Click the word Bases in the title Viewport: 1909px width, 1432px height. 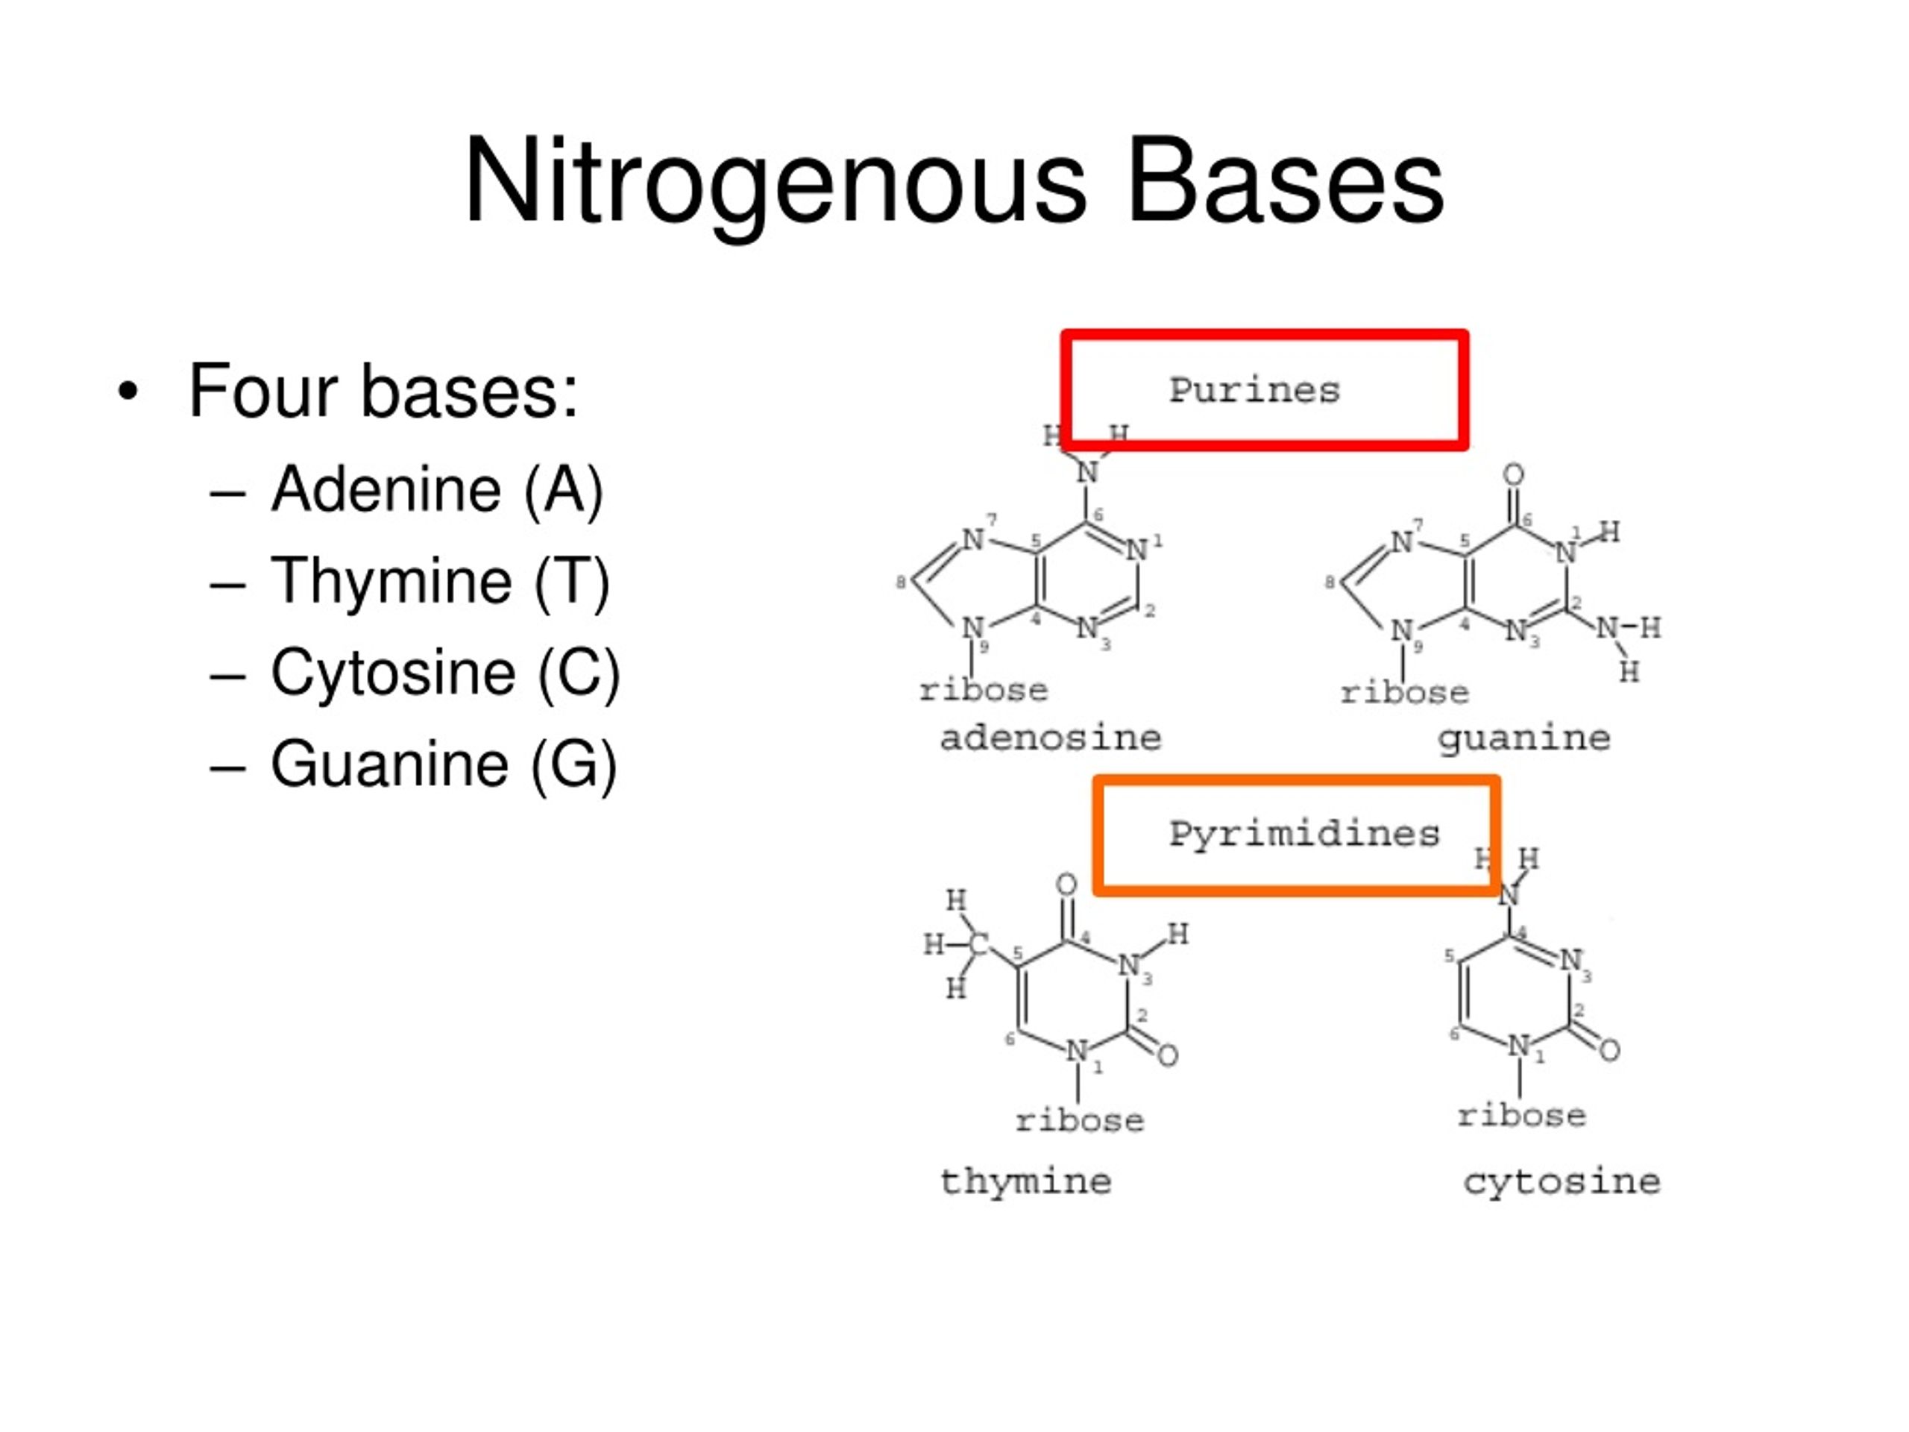(1286, 181)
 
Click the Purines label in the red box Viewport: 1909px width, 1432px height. (1254, 391)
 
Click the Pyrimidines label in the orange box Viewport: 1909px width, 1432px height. (1304, 835)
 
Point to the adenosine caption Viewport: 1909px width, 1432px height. (1050, 738)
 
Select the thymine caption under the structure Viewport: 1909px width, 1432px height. (1025, 1181)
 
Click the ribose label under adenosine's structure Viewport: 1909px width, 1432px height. (983, 691)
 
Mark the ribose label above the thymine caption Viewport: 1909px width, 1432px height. (1080, 1120)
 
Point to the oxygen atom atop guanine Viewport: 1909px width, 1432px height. (1513, 474)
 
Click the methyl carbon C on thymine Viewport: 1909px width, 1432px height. (978, 943)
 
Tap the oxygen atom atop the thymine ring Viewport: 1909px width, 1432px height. (1066, 885)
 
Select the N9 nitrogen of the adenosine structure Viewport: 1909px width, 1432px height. (972, 627)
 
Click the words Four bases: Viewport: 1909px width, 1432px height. (383, 392)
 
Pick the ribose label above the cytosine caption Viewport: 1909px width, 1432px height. (1521, 1115)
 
